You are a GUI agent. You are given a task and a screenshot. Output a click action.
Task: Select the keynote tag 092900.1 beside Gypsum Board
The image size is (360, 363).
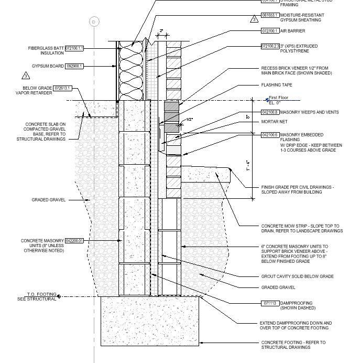[x=74, y=67]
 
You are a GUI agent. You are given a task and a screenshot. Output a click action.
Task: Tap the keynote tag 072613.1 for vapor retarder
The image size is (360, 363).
[x=62, y=88]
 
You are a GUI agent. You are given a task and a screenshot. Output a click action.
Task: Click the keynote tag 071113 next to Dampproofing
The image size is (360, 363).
[x=269, y=303]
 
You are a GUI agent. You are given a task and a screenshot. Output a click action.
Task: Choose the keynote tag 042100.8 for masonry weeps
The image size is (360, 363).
[x=270, y=112]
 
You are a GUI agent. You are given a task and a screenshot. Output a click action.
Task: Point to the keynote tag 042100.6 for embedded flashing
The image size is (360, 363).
[x=270, y=135]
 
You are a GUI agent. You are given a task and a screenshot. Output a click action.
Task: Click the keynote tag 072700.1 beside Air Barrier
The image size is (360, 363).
[x=270, y=31]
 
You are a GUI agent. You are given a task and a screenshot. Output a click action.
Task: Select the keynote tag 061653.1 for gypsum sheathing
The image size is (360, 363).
[x=270, y=16]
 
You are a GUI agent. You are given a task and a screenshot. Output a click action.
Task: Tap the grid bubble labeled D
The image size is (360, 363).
[x=94, y=22]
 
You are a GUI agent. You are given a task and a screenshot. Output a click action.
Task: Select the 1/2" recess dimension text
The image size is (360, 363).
[x=190, y=120]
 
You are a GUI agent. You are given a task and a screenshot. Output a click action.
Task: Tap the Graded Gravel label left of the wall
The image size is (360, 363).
[x=48, y=200]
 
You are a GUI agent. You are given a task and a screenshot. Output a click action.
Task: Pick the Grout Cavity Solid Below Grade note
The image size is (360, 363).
[x=297, y=276]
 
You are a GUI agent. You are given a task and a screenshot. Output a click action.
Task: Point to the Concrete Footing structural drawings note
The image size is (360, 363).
[x=293, y=345]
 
